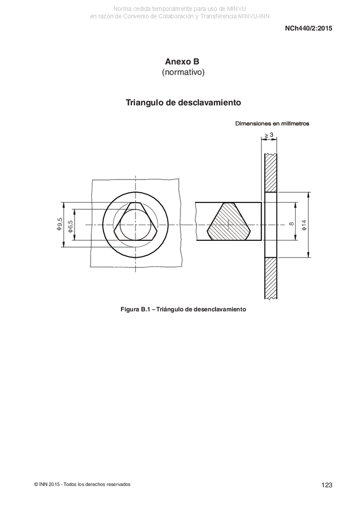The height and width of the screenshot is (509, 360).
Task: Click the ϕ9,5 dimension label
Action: [x=60, y=224]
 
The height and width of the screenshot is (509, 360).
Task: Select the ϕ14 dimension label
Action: [x=304, y=225]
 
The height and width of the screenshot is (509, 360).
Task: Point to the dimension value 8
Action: [x=291, y=223]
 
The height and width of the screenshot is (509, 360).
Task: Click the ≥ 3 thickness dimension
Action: [x=269, y=135]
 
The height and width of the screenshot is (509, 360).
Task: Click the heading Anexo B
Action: [x=182, y=61]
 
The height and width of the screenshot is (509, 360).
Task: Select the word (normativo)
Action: [x=184, y=72]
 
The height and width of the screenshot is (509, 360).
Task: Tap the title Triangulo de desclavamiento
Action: [x=184, y=103]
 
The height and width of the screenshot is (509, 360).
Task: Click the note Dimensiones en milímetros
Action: [x=272, y=123]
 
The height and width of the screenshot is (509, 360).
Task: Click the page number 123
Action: [x=327, y=485]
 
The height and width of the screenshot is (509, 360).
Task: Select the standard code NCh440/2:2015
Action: [x=309, y=28]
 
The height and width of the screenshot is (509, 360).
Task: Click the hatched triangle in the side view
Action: [x=229, y=222]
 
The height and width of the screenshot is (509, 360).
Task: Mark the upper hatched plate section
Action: [x=271, y=173]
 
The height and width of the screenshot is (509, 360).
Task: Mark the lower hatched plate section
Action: [x=271, y=278]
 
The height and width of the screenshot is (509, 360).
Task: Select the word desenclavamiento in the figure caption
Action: [x=220, y=309]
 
